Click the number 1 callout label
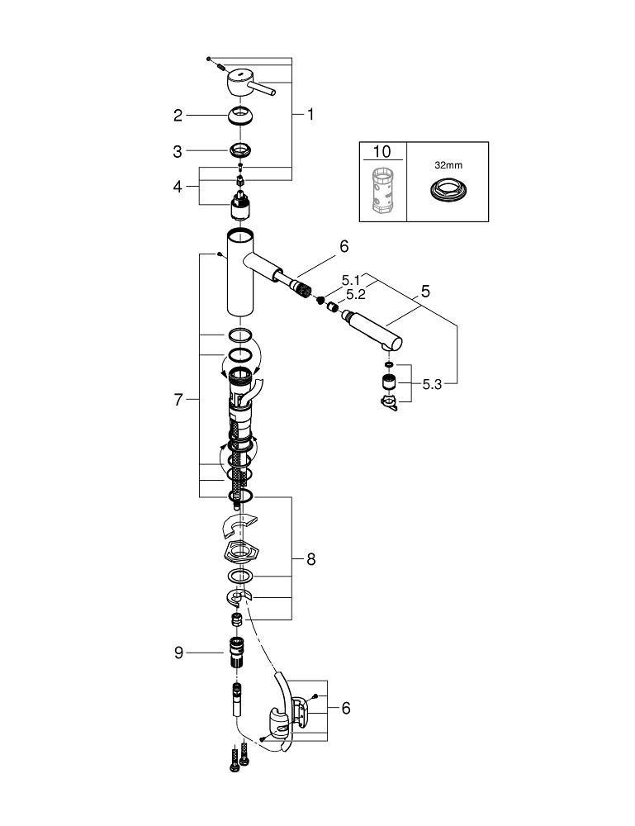[x=310, y=116]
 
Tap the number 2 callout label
[x=178, y=116]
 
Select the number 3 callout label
[x=178, y=151]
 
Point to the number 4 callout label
[x=178, y=188]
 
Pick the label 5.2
[x=356, y=294]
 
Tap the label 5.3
[x=432, y=384]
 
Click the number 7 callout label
[x=178, y=400]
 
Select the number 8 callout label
[x=310, y=559]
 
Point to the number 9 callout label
[x=178, y=653]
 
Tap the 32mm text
[x=447, y=164]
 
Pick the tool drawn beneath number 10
[x=381, y=190]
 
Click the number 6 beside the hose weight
[x=346, y=708]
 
